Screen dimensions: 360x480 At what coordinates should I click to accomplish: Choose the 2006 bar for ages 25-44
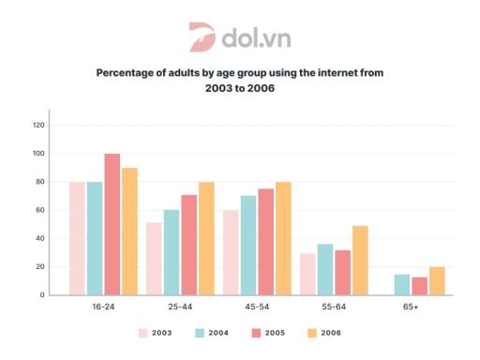(206, 239)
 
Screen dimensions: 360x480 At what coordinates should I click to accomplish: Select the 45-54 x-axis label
(257, 307)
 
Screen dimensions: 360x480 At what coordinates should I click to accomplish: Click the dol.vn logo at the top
(239, 37)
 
